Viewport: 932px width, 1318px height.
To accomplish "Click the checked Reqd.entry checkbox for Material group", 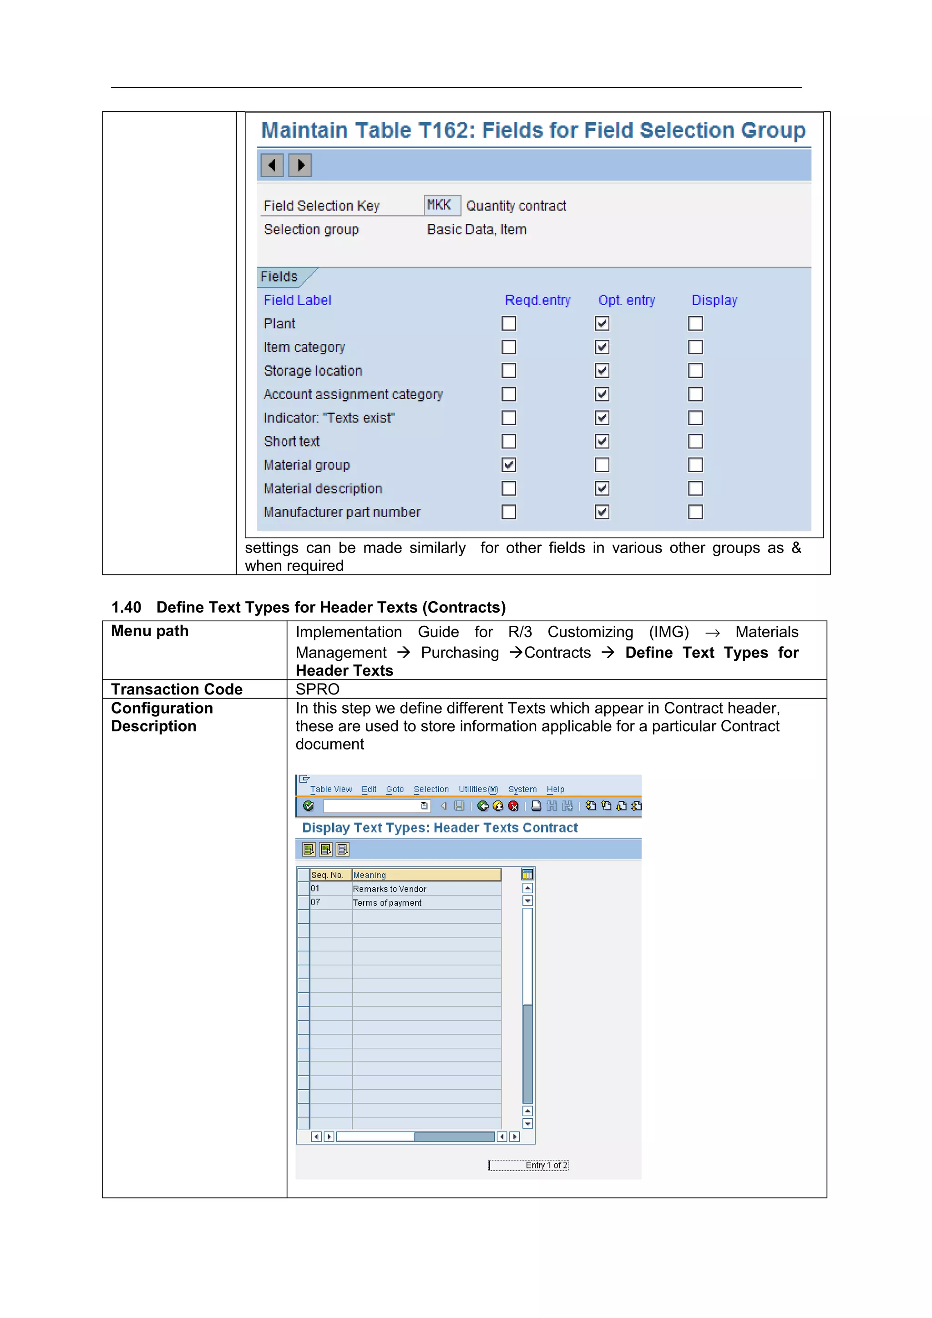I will (x=508, y=465).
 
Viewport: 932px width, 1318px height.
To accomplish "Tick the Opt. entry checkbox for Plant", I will (x=602, y=324).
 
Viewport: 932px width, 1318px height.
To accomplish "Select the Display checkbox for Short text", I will (x=695, y=442).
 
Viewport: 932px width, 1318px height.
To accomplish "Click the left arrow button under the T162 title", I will (x=272, y=166).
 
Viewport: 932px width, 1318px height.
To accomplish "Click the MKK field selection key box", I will (x=441, y=205).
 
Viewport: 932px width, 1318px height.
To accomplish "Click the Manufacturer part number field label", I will (x=342, y=512).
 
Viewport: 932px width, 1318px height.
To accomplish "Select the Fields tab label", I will (x=279, y=277).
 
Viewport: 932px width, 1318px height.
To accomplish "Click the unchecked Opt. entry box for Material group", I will (x=602, y=465).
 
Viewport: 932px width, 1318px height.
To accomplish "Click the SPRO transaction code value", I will (x=317, y=689).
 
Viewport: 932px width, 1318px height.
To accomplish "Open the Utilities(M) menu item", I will (x=478, y=790).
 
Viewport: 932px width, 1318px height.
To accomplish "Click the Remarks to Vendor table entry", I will (x=390, y=889).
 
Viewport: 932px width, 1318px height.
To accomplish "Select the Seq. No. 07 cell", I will (x=316, y=902).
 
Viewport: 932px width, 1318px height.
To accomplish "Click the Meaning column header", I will (x=370, y=875).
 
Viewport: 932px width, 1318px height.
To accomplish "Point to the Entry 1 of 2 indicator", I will (x=546, y=1165).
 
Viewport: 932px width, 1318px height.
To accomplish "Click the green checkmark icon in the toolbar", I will (x=309, y=806).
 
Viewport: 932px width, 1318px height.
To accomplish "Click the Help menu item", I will (x=555, y=790).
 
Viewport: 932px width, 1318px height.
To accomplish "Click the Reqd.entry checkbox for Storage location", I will (x=508, y=371).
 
